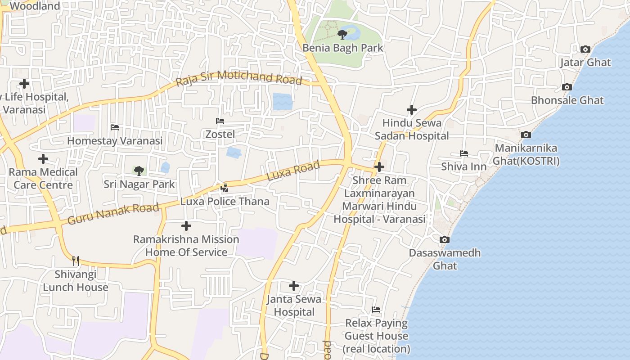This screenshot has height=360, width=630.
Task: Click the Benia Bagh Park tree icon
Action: (x=342, y=34)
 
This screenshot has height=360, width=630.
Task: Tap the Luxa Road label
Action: (x=293, y=171)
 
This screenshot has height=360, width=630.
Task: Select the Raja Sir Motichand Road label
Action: (x=238, y=78)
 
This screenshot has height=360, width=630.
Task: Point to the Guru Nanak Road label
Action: (x=113, y=214)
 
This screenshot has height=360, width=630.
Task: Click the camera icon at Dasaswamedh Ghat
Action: (x=445, y=239)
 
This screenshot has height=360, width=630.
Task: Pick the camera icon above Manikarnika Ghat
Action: (x=526, y=135)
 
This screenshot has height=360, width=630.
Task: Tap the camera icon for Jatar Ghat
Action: (x=585, y=49)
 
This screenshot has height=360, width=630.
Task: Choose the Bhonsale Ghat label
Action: (x=567, y=100)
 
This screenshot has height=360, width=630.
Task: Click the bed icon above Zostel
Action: (x=220, y=121)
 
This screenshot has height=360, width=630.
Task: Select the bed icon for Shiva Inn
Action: (x=464, y=153)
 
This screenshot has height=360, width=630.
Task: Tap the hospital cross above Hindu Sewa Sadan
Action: (x=411, y=109)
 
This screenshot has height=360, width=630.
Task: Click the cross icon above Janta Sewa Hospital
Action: (x=294, y=286)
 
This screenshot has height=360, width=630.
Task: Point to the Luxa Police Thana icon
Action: (x=225, y=188)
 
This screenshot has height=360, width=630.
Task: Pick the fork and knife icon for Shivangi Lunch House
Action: (x=76, y=261)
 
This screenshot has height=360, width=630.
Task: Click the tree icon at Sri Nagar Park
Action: (x=139, y=171)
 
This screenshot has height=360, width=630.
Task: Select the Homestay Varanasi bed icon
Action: (x=115, y=127)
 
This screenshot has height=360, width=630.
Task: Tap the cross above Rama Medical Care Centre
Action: (x=43, y=159)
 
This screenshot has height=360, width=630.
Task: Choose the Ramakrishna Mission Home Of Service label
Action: (x=186, y=246)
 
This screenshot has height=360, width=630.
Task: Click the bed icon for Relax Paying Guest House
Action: (x=376, y=310)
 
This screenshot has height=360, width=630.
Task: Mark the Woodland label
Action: (x=35, y=6)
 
